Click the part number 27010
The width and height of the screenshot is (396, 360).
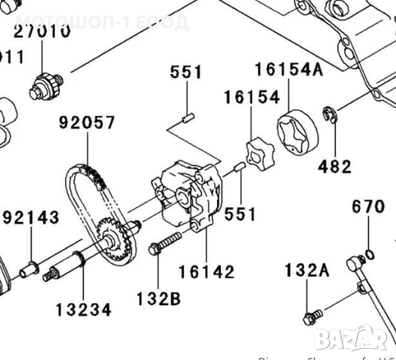[x=43, y=32]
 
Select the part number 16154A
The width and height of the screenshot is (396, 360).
[x=288, y=70]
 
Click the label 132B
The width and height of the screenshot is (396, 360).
[x=158, y=298]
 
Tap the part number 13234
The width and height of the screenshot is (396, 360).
[x=83, y=308]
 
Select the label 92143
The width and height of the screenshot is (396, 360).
[x=31, y=218]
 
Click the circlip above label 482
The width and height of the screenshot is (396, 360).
[x=329, y=115]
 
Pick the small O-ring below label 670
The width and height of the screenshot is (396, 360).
[x=368, y=250]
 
